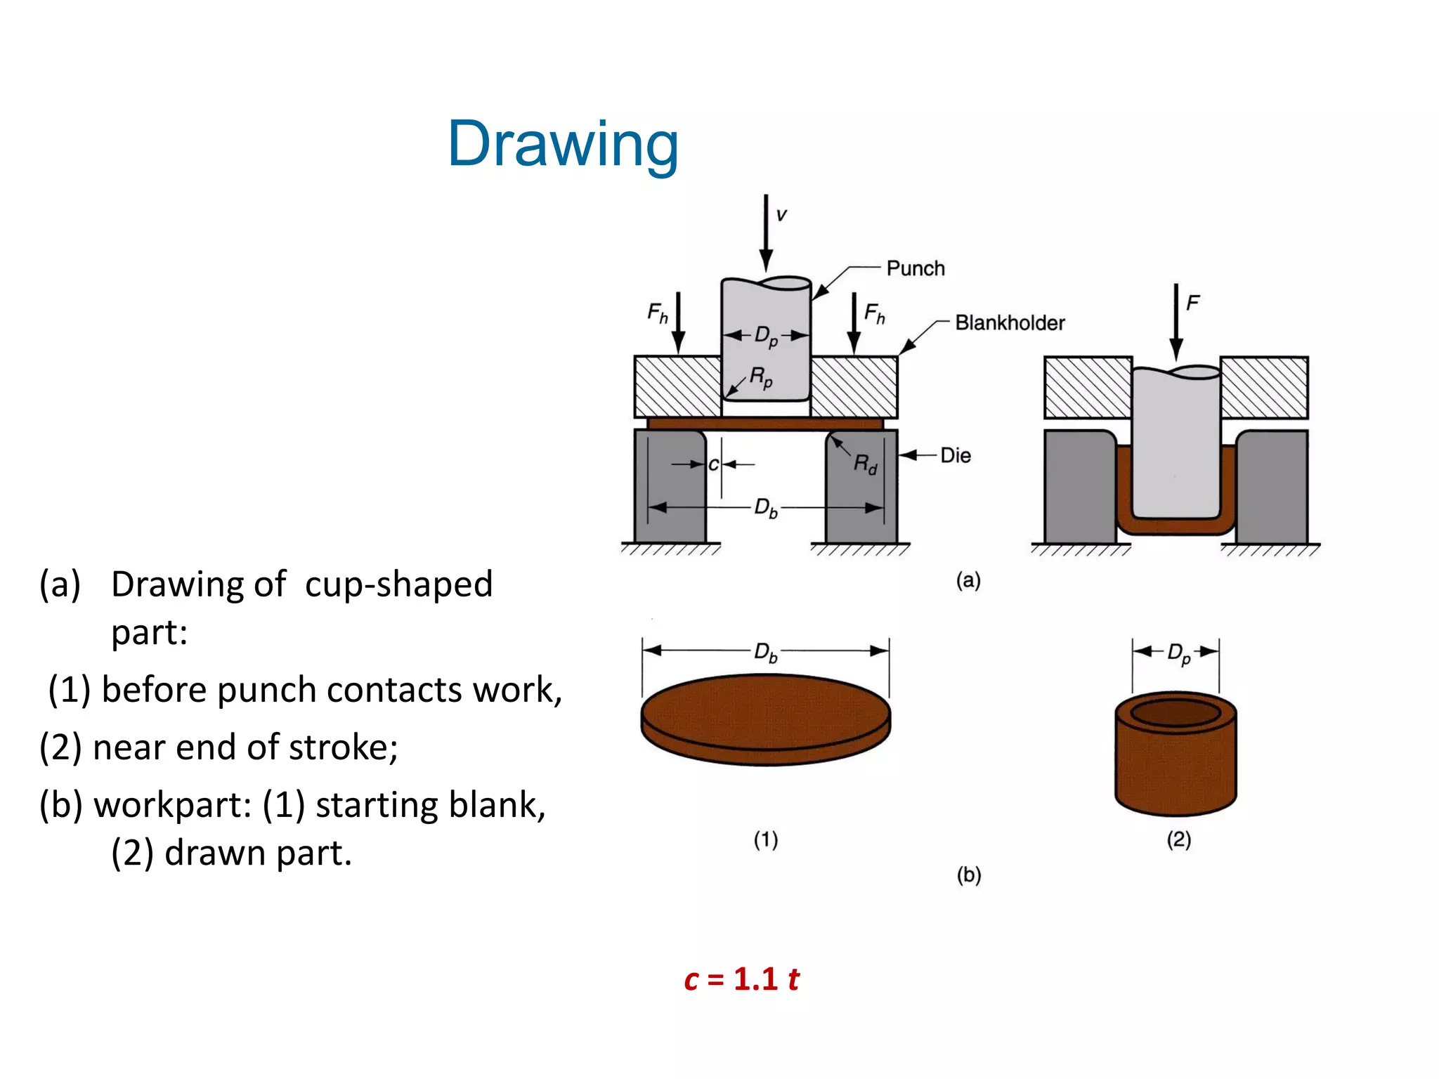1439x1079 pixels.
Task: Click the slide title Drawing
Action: (x=563, y=145)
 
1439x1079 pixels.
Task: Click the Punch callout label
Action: (x=915, y=268)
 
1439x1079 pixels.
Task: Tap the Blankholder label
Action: (x=1009, y=323)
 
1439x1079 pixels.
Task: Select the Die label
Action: (x=955, y=455)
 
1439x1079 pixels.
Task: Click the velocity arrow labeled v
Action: (x=767, y=232)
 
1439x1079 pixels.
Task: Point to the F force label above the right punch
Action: (x=1192, y=303)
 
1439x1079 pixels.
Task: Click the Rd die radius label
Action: (x=865, y=464)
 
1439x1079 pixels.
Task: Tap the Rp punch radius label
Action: (x=761, y=377)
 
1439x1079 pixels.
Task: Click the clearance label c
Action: (x=713, y=464)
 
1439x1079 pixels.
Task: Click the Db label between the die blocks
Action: (x=765, y=507)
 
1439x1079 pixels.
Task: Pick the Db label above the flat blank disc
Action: (x=765, y=652)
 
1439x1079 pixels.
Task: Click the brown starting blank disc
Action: (x=765, y=717)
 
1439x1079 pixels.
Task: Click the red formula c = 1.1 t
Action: (x=741, y=979)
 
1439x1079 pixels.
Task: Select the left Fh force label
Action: (x=658, y=313)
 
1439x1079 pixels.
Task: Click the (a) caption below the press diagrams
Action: (x=968, y=580)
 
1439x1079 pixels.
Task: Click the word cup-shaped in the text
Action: (x=398, y=584)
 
